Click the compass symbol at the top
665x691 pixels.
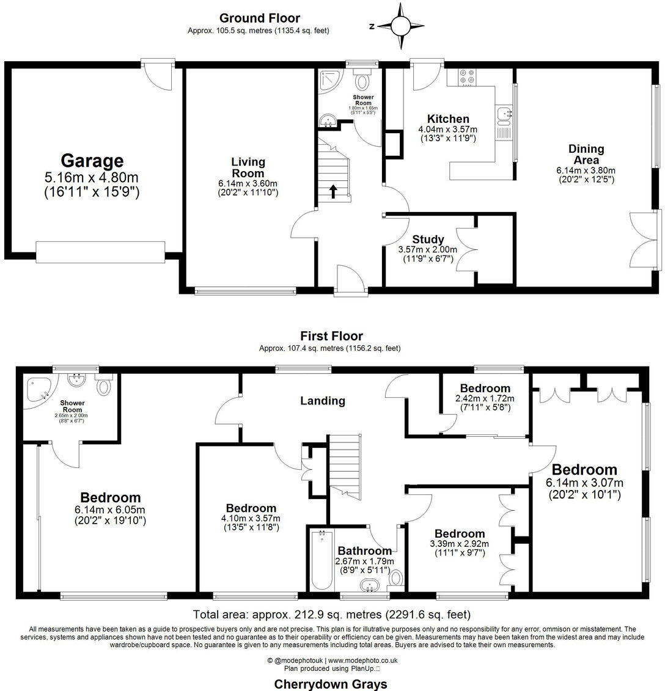coord(400,26)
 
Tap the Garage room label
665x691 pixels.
coord(92,161)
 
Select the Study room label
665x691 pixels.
coord(427,239)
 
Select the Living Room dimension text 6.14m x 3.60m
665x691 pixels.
coord(248,184)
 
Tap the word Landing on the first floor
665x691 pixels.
coord(322,401)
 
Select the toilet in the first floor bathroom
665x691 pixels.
coord(396,577)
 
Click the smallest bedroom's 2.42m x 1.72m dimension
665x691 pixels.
coord(485,398)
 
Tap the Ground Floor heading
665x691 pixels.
coord(260,18)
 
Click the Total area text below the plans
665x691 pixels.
coord(332,614)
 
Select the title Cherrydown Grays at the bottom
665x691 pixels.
coord(331,684)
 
